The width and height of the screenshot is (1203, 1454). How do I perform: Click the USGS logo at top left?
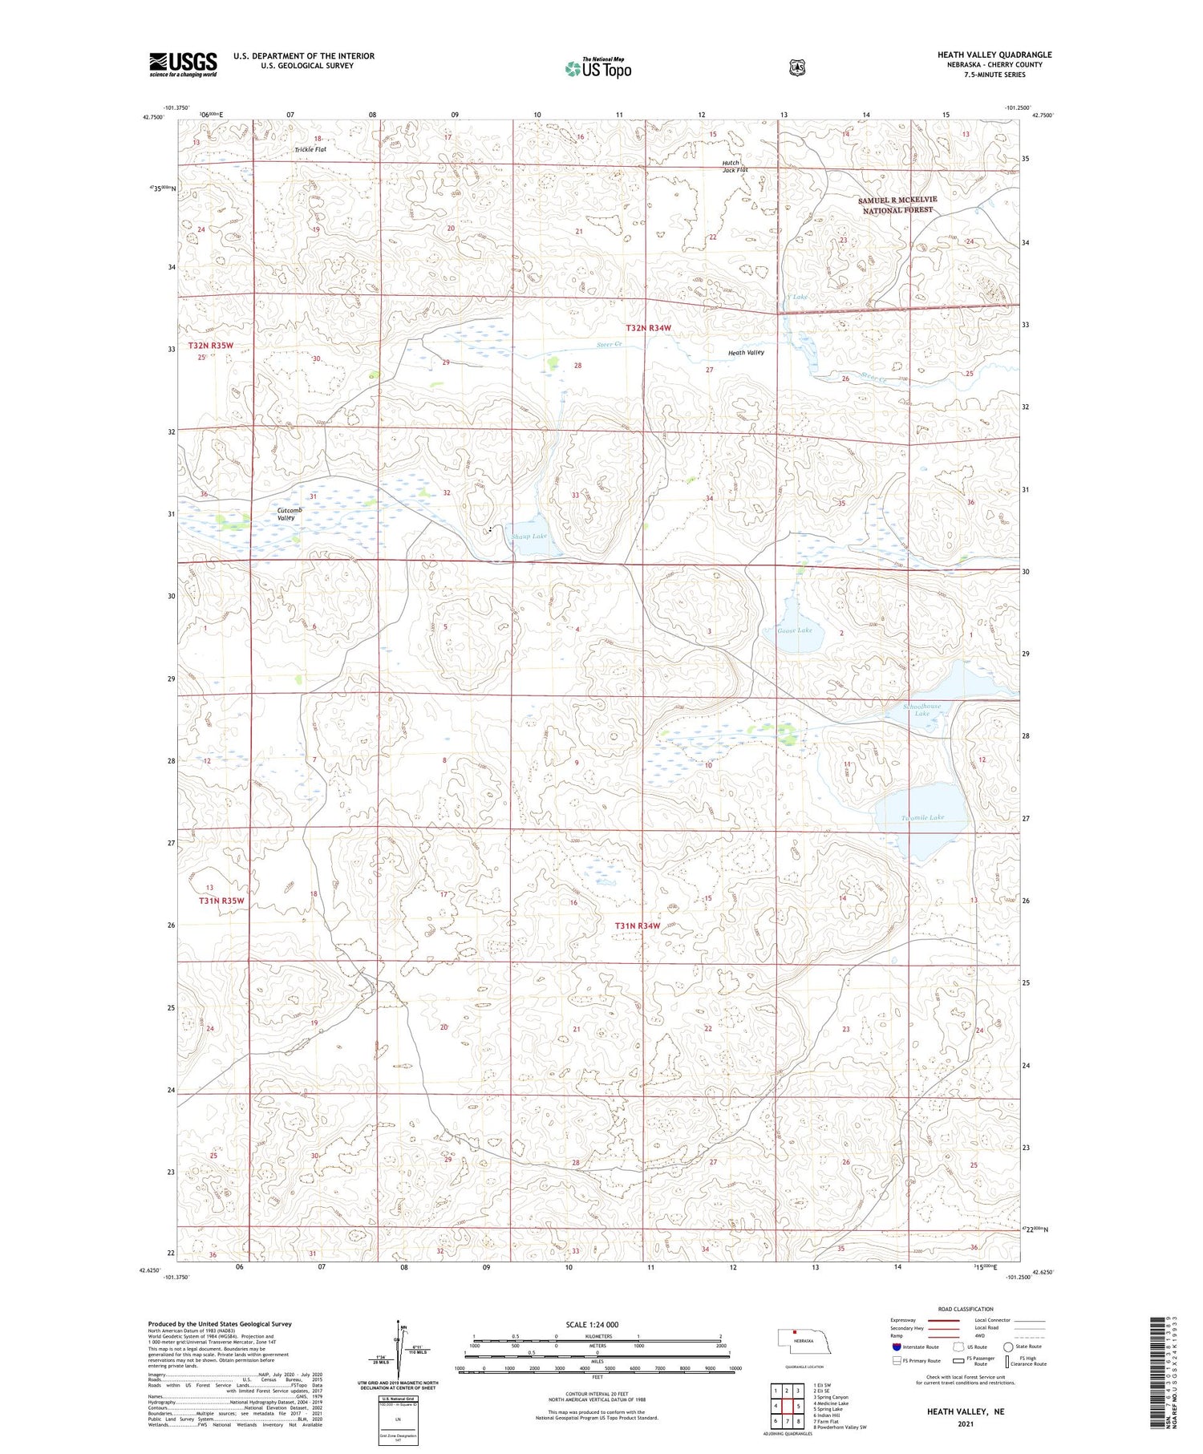(x=183, y=64)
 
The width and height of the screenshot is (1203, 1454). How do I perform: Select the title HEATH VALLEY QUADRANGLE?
(x=994, y=55)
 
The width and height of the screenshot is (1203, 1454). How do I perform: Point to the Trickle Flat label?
(x=310, y=149)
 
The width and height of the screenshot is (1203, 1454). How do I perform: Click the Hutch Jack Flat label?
(x=734, y=166)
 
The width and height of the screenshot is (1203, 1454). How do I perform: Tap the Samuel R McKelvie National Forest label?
(x=897, y=205)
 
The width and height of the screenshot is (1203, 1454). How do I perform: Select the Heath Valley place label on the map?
(x=746, y=352)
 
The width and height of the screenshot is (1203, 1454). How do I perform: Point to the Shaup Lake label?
(x=529, y=536)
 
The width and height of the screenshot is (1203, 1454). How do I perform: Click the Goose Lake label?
(x=795, y=630)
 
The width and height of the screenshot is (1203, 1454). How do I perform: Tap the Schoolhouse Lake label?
(x=921, y=710)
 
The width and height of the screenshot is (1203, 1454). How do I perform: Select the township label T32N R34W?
(x=648, y=327)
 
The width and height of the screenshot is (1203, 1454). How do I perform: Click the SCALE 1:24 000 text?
(x=592, y=1324)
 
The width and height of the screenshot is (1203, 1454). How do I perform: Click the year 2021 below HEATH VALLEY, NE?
(x=965, y=1424)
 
